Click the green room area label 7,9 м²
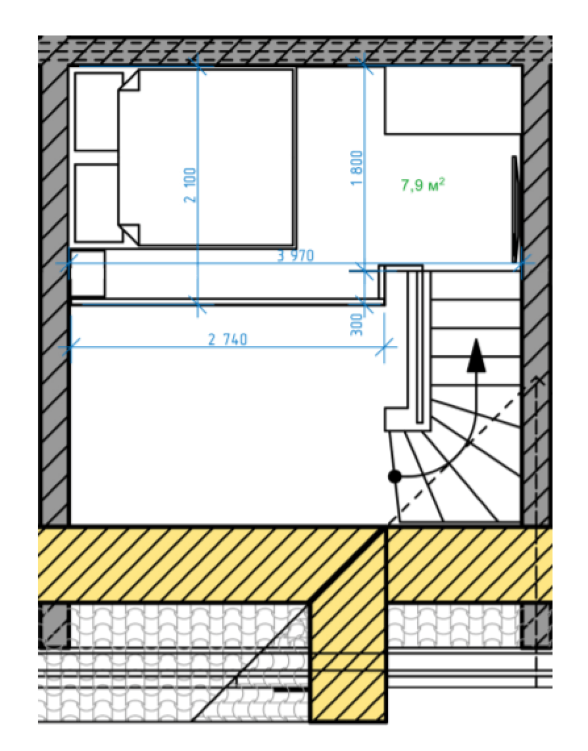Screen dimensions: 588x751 pos(423,184)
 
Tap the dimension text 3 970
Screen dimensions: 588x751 pos(296,255)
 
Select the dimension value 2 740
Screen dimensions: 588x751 pos(228,339)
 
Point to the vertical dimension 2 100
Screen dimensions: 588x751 pos(190,185)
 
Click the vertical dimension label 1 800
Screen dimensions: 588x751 pos(356,168)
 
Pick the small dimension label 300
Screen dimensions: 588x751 pos(356,325)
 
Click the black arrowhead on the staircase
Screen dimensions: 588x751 pos(476,355)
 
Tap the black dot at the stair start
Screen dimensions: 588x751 pos(395,477)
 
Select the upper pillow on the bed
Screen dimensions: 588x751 pos(96,112)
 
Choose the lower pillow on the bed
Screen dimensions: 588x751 pos(96,203)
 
